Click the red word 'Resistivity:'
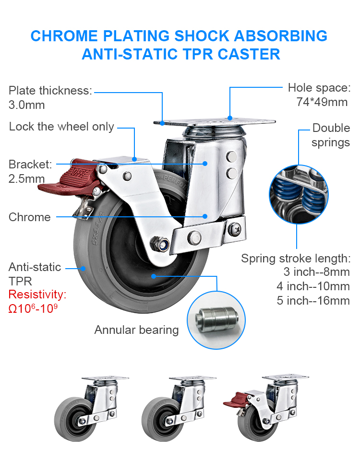click(37, 294)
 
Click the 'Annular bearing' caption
click(136, 330)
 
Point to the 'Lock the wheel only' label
click(61, 127)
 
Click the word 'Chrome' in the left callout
click(29, 217)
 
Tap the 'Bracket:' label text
click(30, 165)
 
